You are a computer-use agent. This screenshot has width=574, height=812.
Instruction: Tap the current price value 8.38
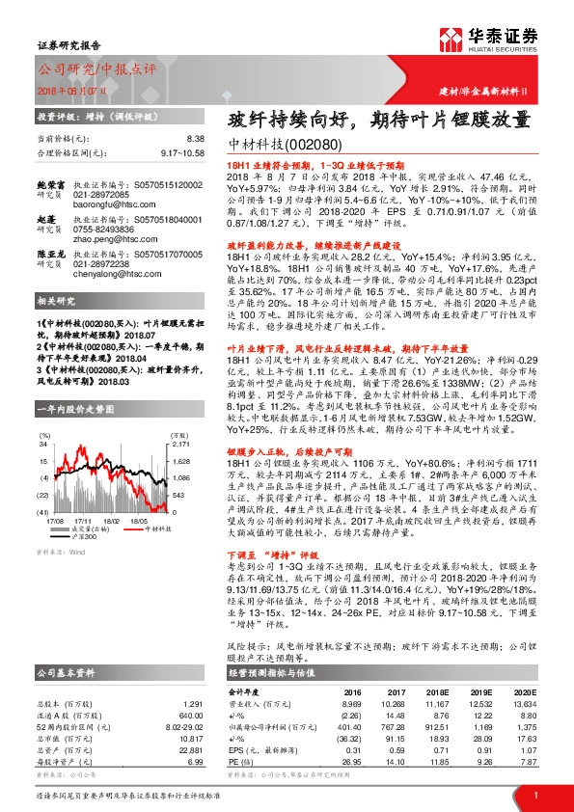196,139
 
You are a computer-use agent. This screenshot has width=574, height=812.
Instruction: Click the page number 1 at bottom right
534,794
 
